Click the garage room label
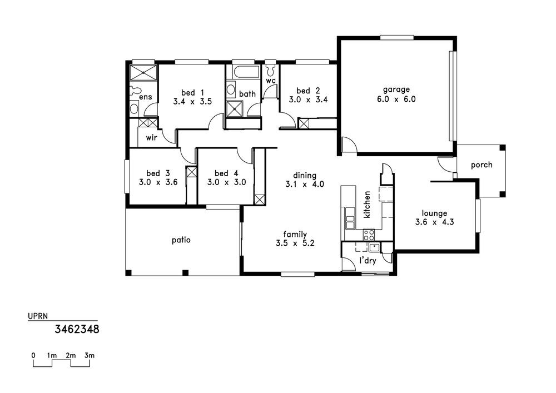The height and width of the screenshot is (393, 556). coord(396,89)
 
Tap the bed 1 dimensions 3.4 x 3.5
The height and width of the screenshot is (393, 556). coord(192,102)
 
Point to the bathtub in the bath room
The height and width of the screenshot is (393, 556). coord(246,72)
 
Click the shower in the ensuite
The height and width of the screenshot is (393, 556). coord(143,73)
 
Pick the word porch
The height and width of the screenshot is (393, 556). coord(481,165)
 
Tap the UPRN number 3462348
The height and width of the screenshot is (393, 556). coord(77,330)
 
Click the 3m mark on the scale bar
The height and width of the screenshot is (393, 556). coord(90,355)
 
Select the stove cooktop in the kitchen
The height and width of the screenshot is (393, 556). coord(369,235)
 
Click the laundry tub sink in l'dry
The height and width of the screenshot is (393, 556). coord(374,247)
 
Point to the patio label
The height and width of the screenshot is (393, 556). coord(181,240)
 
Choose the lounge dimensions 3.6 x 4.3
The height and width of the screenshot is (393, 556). coord(434,222)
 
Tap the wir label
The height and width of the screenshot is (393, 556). coord(151,137)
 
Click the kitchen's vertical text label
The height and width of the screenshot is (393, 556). coord(368,205)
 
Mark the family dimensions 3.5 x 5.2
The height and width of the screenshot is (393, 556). coord(295,243)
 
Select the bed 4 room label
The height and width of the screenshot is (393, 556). coord(226,173)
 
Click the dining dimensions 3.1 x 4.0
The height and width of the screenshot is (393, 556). coord(305,185)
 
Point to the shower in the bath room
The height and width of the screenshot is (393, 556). coord(235,108)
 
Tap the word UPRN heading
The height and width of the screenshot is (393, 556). coord(38,316)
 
